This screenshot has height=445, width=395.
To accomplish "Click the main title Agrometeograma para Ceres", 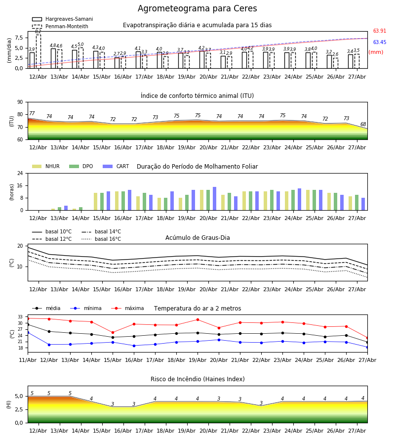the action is click(197, 8).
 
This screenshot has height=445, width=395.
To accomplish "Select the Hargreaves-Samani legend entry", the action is click(62, 19).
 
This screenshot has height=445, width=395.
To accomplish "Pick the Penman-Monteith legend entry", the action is click(60, 26).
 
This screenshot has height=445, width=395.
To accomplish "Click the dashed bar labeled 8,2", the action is click(38, 51).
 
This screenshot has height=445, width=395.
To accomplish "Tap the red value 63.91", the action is click(380, 31).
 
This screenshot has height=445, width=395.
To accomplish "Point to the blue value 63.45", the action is click(380, 43).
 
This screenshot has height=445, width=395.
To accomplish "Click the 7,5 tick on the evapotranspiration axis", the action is click(19, 38).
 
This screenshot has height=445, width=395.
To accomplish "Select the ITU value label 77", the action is click(32, 113).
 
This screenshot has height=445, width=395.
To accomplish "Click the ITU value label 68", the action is click(363, 124).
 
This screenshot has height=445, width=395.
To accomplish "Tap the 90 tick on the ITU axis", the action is click(20, 102).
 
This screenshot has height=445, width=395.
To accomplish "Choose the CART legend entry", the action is click(116, 166).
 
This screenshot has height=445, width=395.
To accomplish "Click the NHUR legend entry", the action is click(46, 166).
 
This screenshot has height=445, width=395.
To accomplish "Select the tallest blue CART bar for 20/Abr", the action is click(214, 199).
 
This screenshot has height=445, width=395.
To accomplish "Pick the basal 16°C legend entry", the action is click(101, 239).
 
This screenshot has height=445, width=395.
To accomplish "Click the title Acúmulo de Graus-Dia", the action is click(197, 238).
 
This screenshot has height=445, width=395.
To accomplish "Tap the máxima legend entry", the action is click(127, 308).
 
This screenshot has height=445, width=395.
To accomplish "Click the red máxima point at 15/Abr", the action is click(113, 332).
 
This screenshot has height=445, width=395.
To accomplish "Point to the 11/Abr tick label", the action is click(28, 360).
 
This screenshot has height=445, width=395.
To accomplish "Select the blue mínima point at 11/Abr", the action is click(28, 332).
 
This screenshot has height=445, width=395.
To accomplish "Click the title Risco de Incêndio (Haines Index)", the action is click(197, 379).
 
